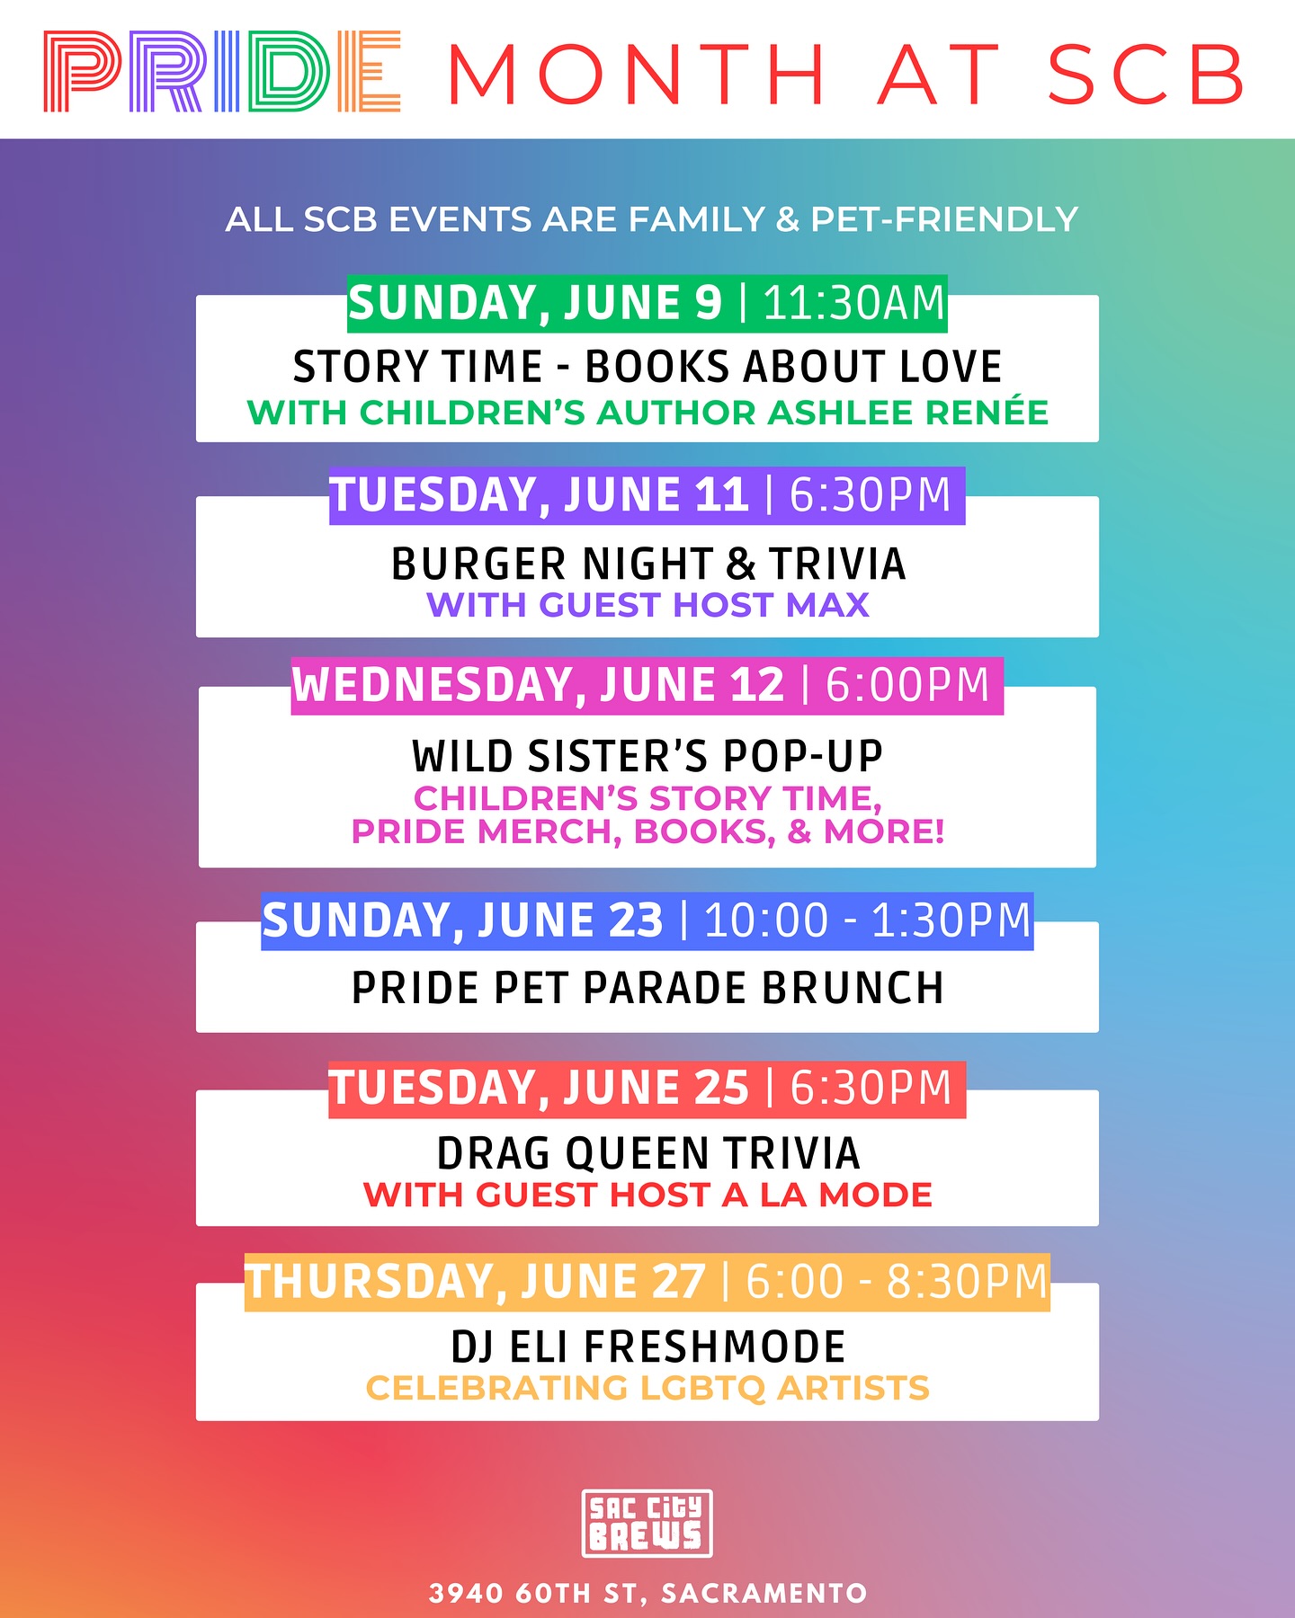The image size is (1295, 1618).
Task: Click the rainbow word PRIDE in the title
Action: click(x=222, y=72)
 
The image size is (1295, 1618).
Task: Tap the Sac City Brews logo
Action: click(x=647, y=1523)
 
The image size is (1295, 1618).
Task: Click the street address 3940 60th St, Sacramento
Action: click(x=647, y=1593)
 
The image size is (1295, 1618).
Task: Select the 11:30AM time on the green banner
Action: click(x=854, y=303)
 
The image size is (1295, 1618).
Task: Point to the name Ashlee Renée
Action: click(x=908, y=412)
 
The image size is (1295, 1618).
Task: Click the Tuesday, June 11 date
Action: click(x=540, y=495)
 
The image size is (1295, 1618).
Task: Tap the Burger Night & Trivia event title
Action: click(x=648, y=565)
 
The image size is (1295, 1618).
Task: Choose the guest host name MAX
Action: click(x=827, y=605)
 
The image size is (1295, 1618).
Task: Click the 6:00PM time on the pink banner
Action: click(x=907, y=685)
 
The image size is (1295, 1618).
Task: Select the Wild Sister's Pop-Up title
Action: click(x=647, y=756)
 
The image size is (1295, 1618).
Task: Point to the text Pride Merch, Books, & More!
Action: click(x=647, y=831)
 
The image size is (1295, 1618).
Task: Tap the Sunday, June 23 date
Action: click(x=462, y=920)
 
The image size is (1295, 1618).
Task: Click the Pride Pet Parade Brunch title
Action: click(x=647, y=988)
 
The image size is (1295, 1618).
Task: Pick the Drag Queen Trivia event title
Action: click(x=648, y=1154)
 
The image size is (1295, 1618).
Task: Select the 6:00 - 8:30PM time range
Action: click(x=898, y=1282)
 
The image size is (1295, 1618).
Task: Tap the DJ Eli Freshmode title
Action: click(x=648, y=1347)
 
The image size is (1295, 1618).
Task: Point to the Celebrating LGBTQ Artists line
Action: click(x=647, y=1388)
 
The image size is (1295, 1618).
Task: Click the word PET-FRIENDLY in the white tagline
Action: click(x=944, y=219)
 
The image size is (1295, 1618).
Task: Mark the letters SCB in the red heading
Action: click(x=1147, y=75)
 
